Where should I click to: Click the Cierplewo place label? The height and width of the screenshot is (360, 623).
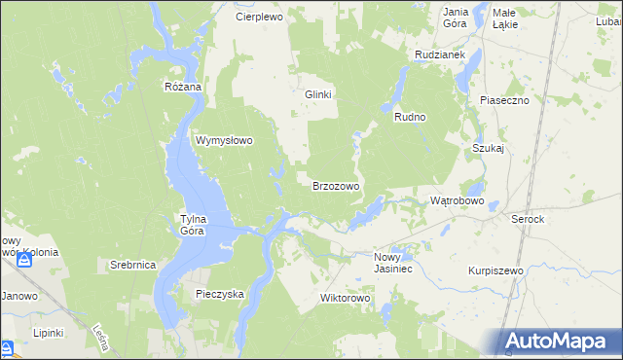click(x=258, y=17)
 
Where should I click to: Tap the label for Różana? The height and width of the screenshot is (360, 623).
click(x=182, y=87)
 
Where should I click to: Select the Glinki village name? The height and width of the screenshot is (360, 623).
click(x=319, y=94)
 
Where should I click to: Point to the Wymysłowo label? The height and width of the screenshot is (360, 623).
click(x=225, y=140)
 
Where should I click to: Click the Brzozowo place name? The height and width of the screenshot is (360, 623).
click(x=336, y=185)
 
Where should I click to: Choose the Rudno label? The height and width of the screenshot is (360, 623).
click(x=410, y=117)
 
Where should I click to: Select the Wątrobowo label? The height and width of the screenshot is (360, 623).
click(x=458, y=200)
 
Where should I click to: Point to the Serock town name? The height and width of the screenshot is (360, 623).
click(x=528, y=220)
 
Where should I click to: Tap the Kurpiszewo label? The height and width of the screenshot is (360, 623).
click(x=495, y=270)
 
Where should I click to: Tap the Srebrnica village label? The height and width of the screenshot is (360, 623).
click(x=132, y=265)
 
